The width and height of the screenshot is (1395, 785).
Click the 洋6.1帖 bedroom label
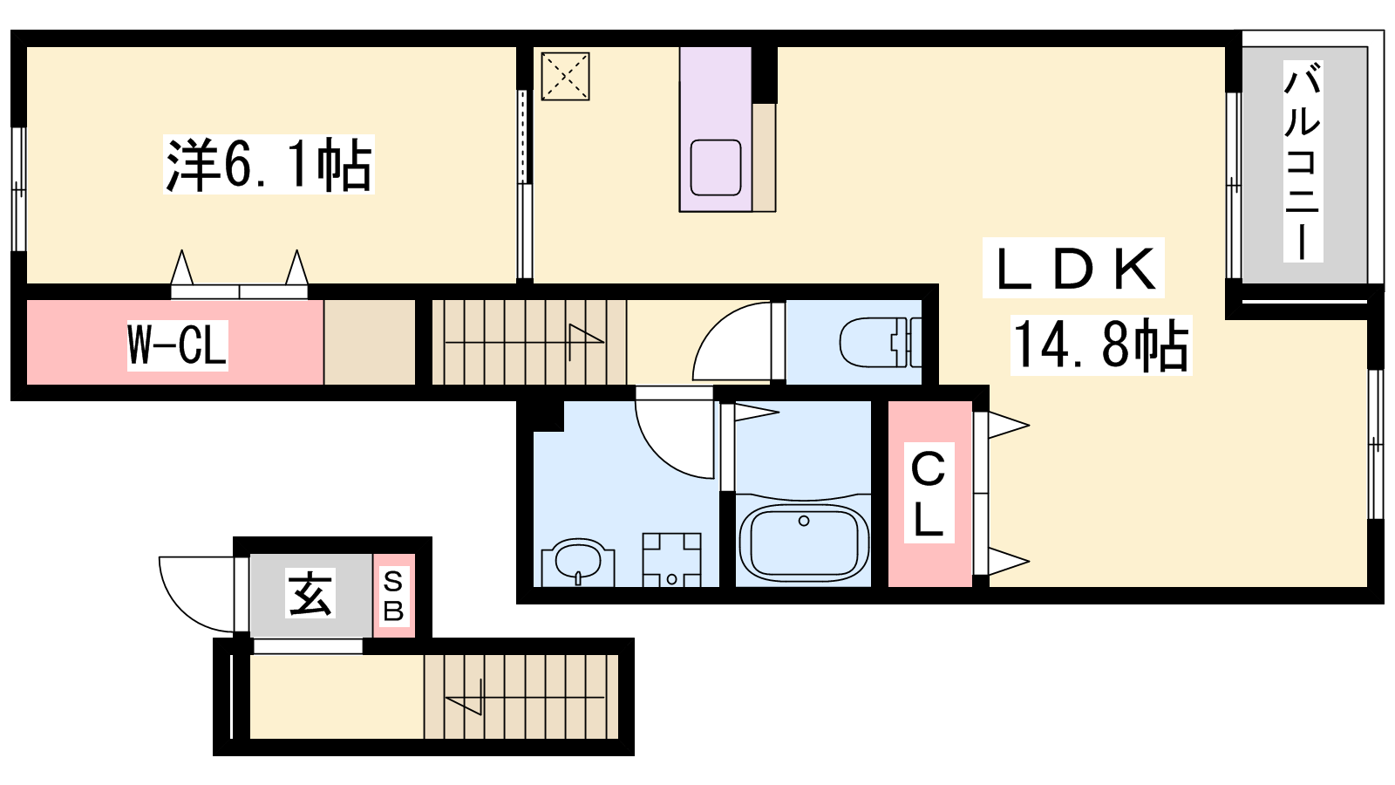269,165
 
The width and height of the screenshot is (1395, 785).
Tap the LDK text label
1073,268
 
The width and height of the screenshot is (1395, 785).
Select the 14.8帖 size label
1101,345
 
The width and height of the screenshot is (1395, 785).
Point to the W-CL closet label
178,345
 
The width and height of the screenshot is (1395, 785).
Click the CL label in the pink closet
929,493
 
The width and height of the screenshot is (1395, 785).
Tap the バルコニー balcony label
1303,161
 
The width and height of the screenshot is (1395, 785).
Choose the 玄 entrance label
310,592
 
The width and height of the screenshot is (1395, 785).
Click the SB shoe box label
393,597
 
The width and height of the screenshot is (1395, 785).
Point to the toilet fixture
880,342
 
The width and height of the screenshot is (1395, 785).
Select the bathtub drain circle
804,521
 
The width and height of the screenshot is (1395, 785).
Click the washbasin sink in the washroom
578,561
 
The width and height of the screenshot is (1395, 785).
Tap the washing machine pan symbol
672,559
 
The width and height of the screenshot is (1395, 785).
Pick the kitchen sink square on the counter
716,167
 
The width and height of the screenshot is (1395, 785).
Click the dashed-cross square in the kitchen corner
565,76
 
